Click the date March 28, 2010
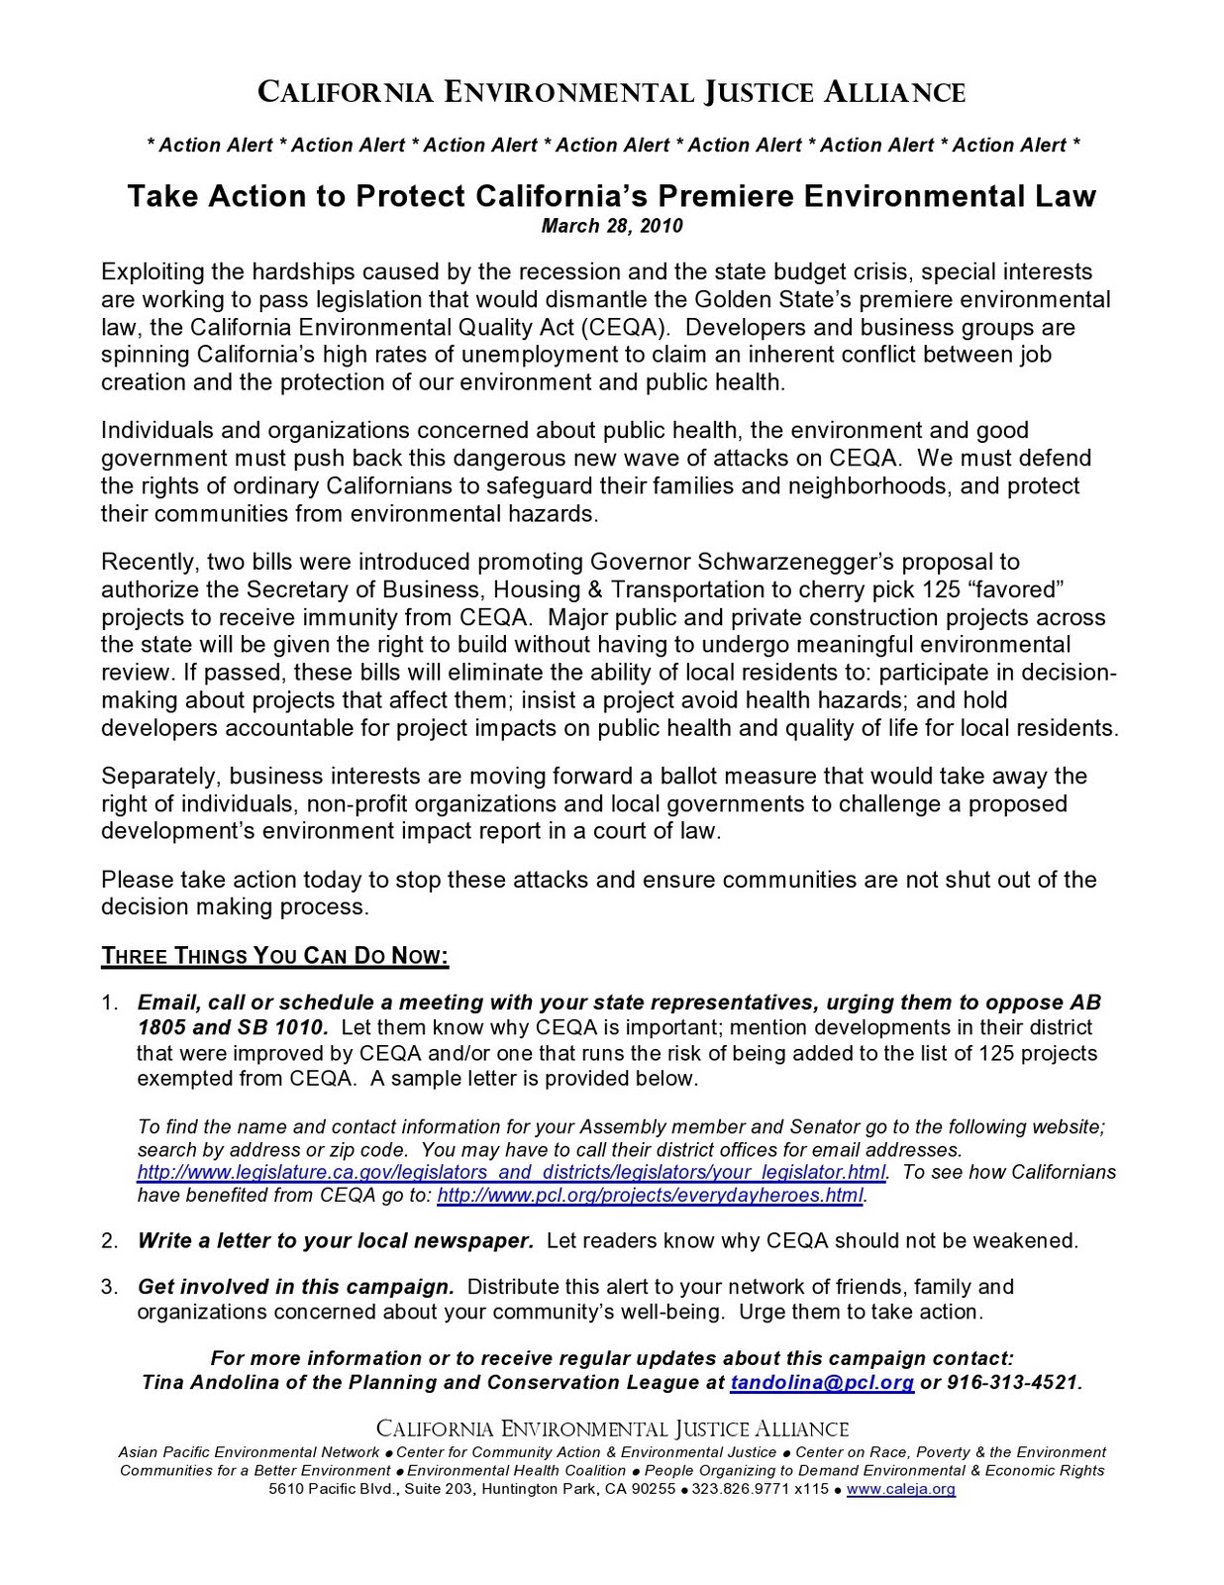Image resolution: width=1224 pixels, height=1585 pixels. [x=611, y=226]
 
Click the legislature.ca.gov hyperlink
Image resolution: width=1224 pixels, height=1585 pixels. [x=511, y=1173]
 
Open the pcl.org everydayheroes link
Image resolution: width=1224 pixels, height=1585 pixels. [x=650, y=1196]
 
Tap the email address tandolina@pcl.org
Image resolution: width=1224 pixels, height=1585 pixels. [x=821, y=1383]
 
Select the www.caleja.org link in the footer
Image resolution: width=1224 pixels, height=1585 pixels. [x=901, y=1489]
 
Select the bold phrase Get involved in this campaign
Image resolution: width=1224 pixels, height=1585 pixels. [x=295, y=1287]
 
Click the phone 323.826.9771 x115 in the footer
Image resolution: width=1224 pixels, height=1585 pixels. [x=760, y=1489]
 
